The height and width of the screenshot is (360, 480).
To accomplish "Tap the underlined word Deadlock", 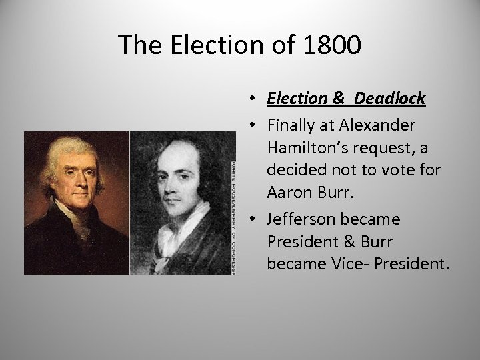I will (390, 99).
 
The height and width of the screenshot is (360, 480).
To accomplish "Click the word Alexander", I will (377, 125).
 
